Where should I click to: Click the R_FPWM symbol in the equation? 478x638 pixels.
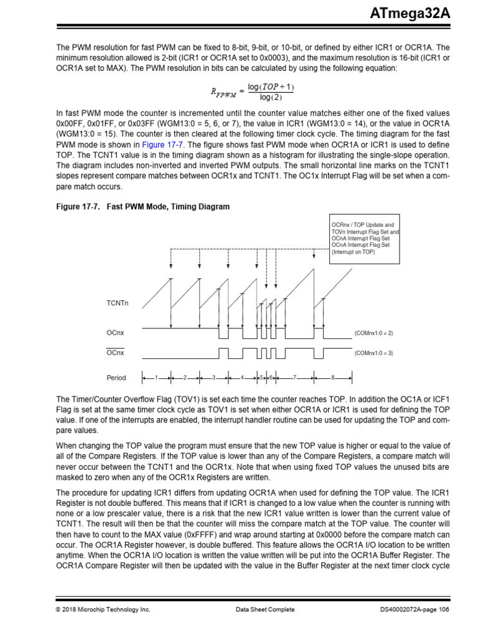click(221, 92)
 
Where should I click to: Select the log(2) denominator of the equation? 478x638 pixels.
click(271, 98)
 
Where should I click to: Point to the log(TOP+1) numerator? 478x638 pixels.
click(271, 87)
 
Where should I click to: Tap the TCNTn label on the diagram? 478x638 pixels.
click(118, 303)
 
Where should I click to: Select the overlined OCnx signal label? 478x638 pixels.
click(115, 353)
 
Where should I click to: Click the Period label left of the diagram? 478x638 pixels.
click(116, 378)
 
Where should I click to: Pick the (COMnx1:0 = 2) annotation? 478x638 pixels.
click(373, 333)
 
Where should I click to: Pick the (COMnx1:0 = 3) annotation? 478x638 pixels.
click(373, 353)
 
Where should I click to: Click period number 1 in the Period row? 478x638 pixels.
click(156, 378)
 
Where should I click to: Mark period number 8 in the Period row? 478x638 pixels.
click(333, 378)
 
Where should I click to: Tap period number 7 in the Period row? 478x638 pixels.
click(295, 378)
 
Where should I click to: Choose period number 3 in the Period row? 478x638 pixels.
click(213, 378)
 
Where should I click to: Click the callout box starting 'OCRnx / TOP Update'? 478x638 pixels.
click(364, 239)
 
